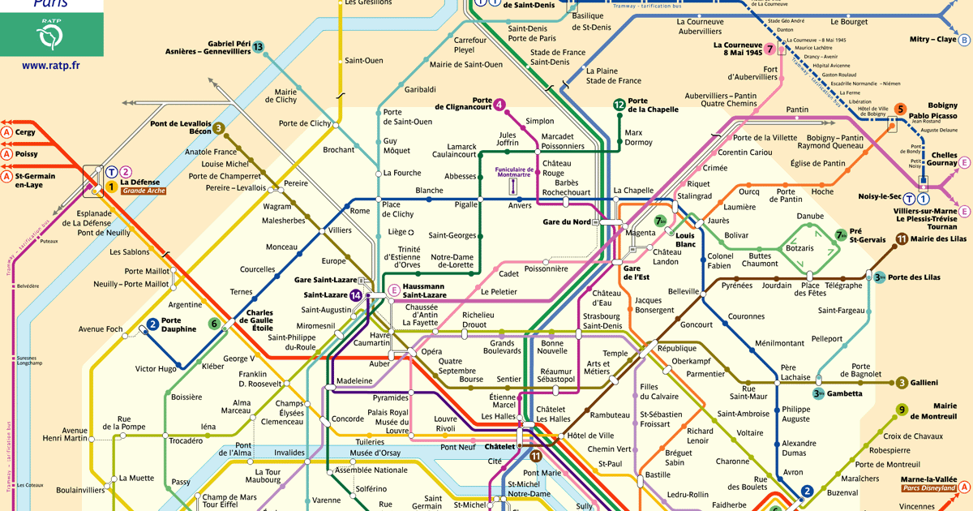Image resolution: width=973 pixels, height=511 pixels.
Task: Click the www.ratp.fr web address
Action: tap(51, 66)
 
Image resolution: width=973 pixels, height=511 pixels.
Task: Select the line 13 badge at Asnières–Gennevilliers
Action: tap(258, 47)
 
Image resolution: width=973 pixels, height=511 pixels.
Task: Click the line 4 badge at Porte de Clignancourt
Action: tap(499, 104)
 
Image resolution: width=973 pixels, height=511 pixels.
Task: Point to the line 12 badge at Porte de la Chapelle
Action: tap(619, 104)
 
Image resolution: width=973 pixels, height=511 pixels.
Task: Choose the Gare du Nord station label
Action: tap(566, 221)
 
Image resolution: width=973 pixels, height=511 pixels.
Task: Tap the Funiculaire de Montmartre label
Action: tap(512, 171)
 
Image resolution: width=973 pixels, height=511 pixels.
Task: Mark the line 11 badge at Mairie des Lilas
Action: tap(902, 238)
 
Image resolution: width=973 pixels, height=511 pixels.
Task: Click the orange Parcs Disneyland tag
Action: tap(928, 487)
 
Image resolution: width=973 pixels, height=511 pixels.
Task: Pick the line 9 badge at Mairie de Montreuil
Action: tap(902, 410)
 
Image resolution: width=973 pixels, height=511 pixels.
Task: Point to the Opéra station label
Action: tap(431, 351)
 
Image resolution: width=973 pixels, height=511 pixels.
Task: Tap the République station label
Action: tap(677, 347)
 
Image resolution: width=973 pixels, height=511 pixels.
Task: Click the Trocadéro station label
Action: tap(186, 440)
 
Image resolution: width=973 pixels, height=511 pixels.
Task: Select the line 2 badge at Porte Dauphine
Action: tap(152, 324)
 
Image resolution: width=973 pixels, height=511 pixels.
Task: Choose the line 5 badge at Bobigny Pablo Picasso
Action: tap(900, 109)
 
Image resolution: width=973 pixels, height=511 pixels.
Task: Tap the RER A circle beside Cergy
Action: tap(6, 132)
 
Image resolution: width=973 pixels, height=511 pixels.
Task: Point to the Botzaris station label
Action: tap(799, 248)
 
